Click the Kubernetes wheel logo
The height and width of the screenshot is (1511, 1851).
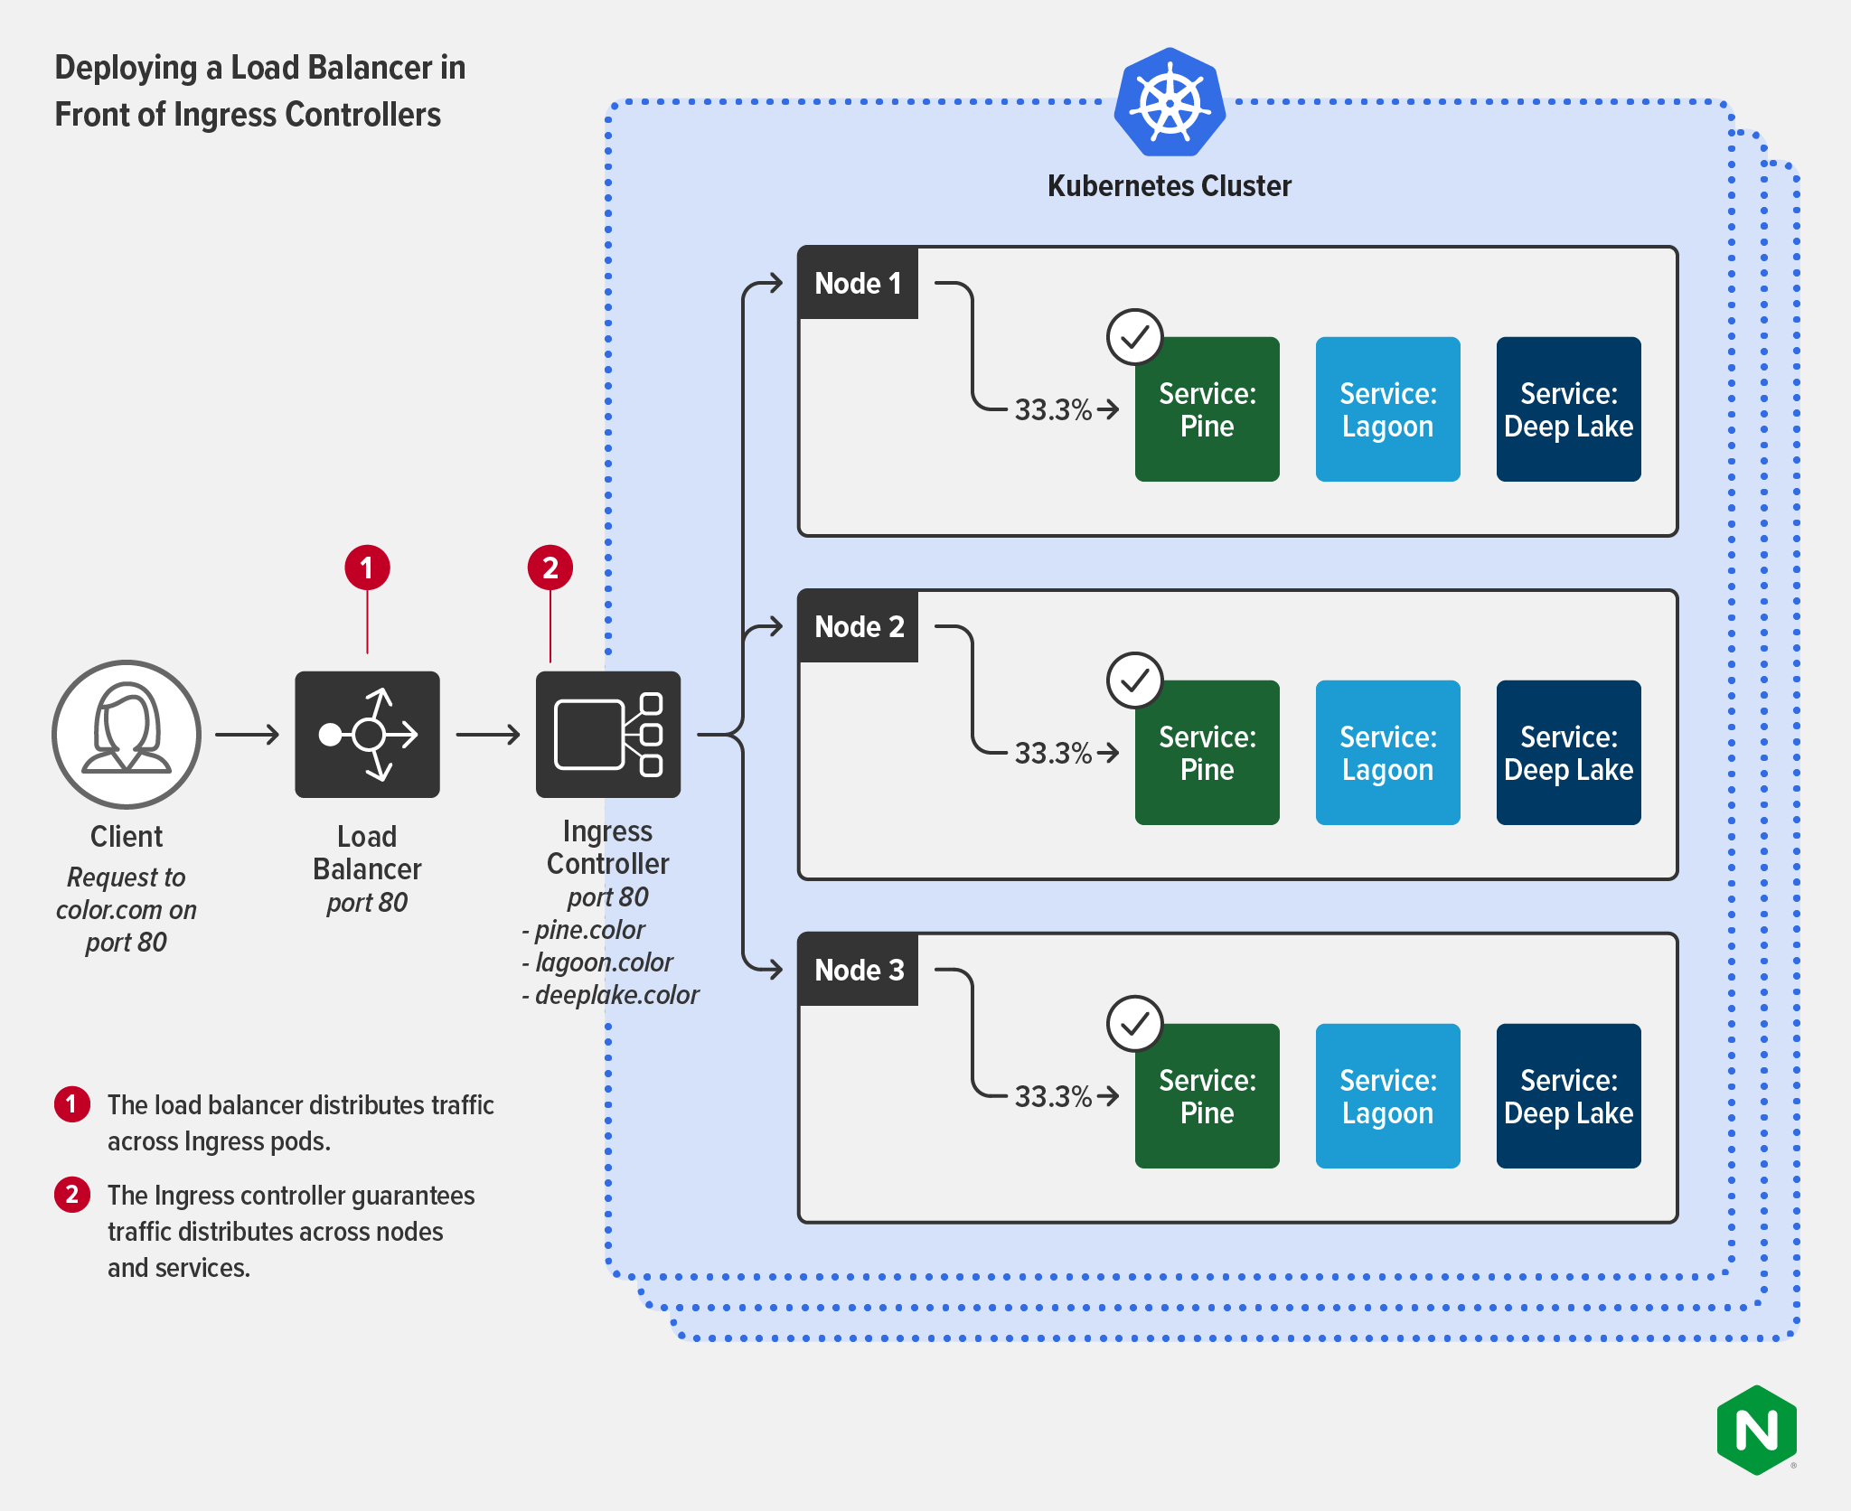[x=1170, y=102]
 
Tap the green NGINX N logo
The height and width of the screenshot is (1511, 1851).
[x=1756, y=1430]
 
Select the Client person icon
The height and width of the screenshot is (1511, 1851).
[x=127, y=734]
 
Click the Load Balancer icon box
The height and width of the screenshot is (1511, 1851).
[x=367, y=734]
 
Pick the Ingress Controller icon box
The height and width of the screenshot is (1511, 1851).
[x=607, y=734]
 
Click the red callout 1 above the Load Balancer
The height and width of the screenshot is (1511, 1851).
[x=367, y=568]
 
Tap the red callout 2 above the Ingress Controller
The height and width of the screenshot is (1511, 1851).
[x=550, y=568]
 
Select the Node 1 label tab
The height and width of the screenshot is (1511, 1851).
[x=858, y=283]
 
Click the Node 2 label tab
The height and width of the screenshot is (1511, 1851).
[x=858, y=626]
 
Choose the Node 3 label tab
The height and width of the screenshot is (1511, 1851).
[x=858, y=970]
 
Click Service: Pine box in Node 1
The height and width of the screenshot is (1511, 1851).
[x=1207, y=409]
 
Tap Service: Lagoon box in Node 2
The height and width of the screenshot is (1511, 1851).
[x=1387, y=752]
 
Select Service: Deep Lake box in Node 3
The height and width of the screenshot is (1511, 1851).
[x=1568, y=1095]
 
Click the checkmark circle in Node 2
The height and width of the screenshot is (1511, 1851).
[x=1134, y=680]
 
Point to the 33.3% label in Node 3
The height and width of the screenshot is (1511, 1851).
[x=1053, y=1096]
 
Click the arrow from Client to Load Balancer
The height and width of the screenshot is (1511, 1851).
[x=247, y=735]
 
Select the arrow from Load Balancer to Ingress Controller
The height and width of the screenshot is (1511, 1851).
[x=488, y=735]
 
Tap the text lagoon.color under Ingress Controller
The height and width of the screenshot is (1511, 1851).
[x=604, y=962]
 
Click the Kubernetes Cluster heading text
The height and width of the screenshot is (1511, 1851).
[x=1169, y=186]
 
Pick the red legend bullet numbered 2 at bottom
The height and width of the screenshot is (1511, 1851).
[x=72, y=1194]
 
